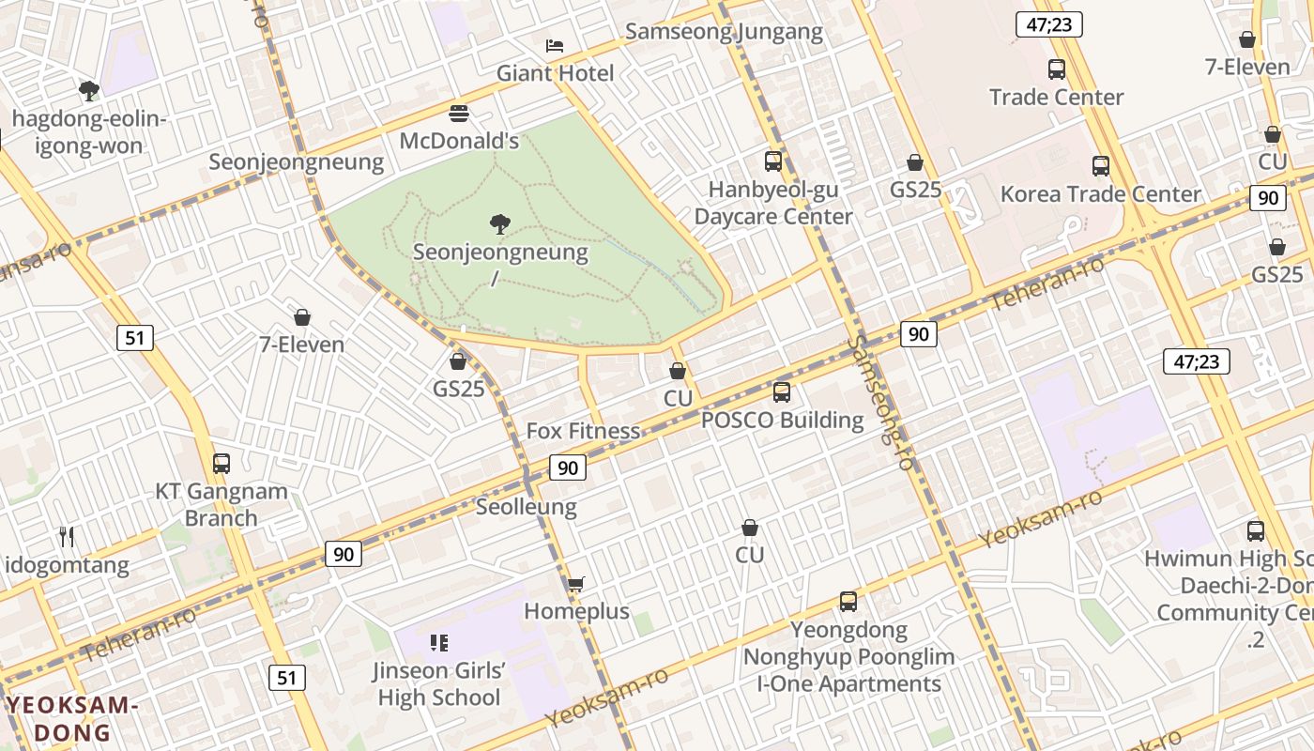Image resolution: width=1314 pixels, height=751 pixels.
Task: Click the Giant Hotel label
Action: tap(555, 73)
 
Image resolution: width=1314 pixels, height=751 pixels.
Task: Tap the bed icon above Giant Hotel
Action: tap(555, 45)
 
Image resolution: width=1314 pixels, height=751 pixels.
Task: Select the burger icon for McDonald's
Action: tap(459, 114)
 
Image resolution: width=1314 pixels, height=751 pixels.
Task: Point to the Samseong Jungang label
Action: tap(724, 32)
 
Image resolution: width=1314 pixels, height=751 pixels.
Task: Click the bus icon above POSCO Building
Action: tap(782, 392)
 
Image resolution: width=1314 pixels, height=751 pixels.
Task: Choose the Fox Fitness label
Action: tap(583, 431)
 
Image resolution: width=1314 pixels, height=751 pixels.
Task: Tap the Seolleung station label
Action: tap(526, 507)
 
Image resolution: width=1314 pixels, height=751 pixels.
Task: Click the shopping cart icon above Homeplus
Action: tap(576, 584)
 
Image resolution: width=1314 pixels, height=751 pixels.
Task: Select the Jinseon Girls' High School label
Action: tap(438, 684)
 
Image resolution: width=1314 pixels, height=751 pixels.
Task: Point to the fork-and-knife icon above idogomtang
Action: tap(67, 537)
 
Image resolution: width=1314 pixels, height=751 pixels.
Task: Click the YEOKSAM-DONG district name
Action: tap(72, 719)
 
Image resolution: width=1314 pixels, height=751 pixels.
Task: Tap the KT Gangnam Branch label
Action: tap(221, 504)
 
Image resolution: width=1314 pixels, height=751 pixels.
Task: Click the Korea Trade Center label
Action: tap(1100, 194)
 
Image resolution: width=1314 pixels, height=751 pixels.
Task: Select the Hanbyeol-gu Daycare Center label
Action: tap(773, 203)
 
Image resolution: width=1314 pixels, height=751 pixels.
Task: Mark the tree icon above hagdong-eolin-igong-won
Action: tap(89, 91)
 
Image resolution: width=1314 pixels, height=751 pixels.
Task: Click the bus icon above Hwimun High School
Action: tap(1256, 531)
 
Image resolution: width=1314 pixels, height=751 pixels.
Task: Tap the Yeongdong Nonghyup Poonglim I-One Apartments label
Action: tap(848, 657)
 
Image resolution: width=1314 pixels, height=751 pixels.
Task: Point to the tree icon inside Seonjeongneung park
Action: tap(500, 223)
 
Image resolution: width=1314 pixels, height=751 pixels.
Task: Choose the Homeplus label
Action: tap(576, 611)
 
